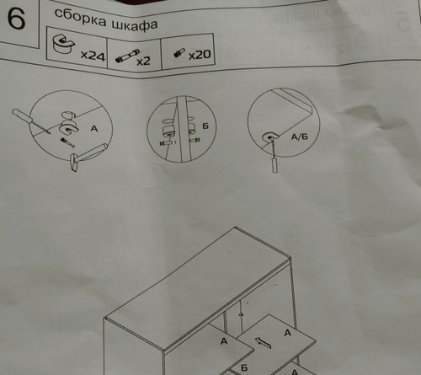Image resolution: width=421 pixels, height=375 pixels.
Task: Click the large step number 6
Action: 17,19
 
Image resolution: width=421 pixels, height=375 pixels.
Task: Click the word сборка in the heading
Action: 81,19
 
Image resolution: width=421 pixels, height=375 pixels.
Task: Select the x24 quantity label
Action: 93,56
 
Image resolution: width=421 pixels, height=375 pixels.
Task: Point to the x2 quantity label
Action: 143,61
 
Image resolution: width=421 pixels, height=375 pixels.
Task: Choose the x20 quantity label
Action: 200,54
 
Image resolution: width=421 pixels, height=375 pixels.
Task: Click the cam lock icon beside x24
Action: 63,44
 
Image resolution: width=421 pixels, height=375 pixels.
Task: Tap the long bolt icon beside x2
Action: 127,56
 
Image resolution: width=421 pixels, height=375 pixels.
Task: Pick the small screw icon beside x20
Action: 179,52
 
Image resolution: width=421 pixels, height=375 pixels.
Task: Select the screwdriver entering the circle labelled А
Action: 30,121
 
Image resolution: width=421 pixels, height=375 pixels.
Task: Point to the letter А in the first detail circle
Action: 94,129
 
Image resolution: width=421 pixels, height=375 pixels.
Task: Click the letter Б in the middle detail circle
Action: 205,126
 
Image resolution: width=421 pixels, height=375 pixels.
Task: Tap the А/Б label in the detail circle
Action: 300,137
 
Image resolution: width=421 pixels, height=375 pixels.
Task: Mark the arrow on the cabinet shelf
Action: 263,343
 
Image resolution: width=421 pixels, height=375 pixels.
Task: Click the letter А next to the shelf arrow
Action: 287,333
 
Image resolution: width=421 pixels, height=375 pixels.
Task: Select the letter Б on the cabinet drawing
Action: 244,367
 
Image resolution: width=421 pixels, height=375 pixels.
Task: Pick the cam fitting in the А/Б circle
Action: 270,137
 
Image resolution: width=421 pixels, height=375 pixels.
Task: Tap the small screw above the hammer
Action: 67,142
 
